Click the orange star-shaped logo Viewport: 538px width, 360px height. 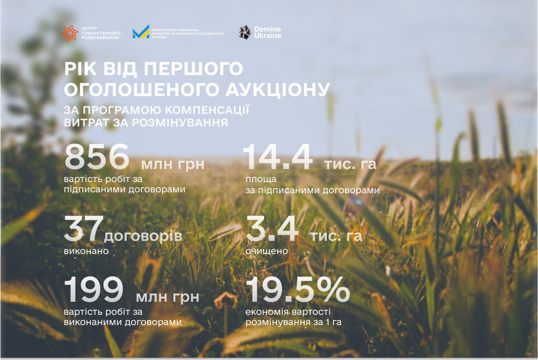(70, 33)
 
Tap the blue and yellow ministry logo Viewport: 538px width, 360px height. (141, 32)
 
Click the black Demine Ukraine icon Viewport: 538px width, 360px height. (245, 32)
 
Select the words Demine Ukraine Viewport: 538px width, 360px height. (268, 32)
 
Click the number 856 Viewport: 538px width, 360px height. (97, 157)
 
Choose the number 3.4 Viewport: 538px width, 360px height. (272, 228)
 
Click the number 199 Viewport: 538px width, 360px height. (94, 289)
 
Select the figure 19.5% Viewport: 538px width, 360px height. (298, 289)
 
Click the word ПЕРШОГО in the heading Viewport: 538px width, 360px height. (193, 68)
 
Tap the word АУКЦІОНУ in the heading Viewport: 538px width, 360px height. (278, 90)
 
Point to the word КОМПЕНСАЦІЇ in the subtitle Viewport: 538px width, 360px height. (207, 110)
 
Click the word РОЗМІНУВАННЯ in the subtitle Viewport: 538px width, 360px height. (180, 123)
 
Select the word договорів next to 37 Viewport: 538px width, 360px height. (143, 236)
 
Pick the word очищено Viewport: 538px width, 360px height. (267, 251)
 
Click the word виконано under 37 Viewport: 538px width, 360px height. (86, 251)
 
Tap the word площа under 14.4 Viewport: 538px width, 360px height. (261, 179)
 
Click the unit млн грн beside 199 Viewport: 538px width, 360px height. (168, 297)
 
